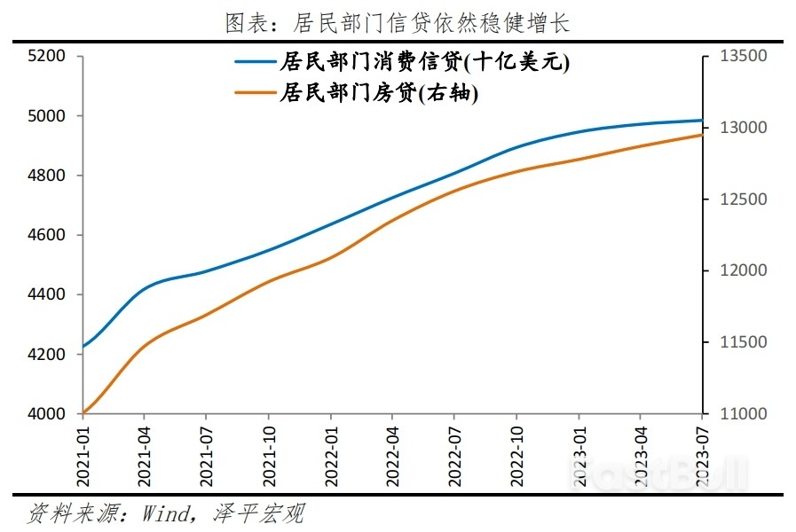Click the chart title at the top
398,23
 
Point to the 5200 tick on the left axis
48,56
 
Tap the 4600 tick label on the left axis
48,235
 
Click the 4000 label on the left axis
48,414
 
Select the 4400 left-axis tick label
48,294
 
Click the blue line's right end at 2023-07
702,121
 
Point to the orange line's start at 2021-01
83,412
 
